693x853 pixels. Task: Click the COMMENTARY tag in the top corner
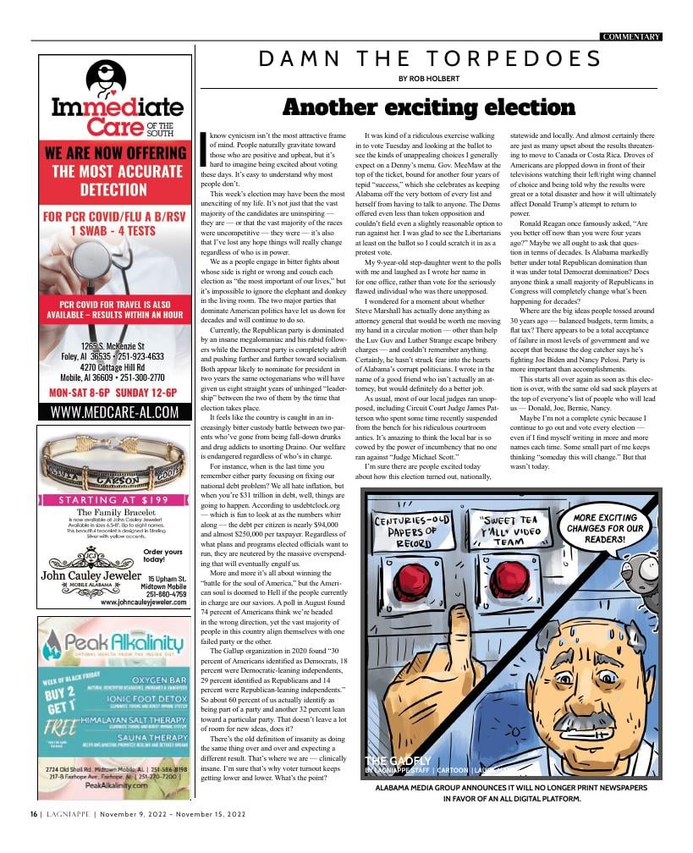pos(630,37)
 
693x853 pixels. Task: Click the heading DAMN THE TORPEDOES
pos(430,59)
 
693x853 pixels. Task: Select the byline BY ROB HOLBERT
pos(430,80)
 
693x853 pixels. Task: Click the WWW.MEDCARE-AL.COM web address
pos(114,412)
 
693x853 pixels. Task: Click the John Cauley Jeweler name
pos(91,577)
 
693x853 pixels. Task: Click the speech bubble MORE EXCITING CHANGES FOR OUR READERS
pos(607,529)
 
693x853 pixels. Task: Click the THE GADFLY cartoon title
pos(398,761)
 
